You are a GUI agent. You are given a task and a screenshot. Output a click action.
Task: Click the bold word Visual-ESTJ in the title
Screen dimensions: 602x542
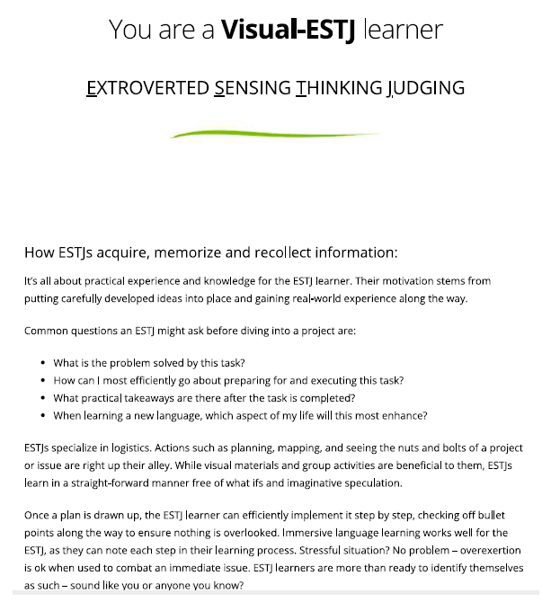click(x=287, y=29)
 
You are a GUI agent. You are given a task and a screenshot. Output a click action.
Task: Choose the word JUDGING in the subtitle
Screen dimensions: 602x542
click(x=426, y=88)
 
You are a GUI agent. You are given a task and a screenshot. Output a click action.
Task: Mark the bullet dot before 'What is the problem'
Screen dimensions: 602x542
click(x=44, y=364)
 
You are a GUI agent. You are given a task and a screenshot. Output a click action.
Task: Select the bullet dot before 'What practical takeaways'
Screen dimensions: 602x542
click(x=44, y=398)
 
